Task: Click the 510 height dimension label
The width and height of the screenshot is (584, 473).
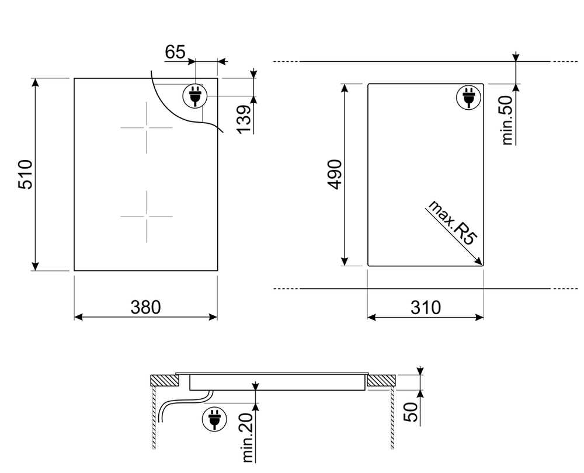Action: pos(25,175)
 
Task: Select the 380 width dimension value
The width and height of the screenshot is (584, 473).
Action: pos(145,307)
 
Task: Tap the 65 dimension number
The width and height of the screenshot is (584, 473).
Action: pos(175,53)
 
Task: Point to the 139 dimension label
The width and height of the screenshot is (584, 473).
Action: pos(245,119)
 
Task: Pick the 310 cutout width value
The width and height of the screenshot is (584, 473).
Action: pos(425,307)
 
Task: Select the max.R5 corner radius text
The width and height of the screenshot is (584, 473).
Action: pos(453,222)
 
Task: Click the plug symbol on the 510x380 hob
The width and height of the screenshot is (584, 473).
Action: pos(194,95)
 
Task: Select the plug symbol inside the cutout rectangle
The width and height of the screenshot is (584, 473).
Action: pos(468,97)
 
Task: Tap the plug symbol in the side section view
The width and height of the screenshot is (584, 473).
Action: pos(214,419)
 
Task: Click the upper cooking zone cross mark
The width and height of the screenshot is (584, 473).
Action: pos(146,127)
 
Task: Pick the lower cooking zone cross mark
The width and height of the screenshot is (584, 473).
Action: pos(146,216)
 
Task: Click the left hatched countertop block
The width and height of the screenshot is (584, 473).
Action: pos(164,381)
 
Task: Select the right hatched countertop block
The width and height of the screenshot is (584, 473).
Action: pos(381,381)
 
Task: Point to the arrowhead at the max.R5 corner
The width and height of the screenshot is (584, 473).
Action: pos(479,262)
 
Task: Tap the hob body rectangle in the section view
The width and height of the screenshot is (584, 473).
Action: pos(278,382)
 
